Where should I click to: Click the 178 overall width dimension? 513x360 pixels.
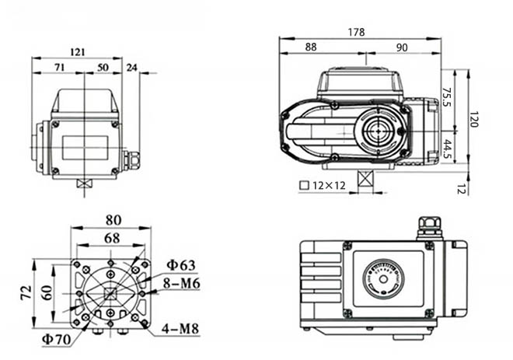[x=357, y=32]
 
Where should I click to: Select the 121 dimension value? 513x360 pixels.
[x=77, y=52]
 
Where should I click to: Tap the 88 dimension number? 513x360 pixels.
[x=311, y=47]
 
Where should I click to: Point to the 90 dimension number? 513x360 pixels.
[x=402, y=47]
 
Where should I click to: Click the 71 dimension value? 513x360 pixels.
[x=59, y=68]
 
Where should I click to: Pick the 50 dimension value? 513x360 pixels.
[x=103, y=68]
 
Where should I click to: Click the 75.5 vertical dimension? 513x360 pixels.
[x=448, y=95]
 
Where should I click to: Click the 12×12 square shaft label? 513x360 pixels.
[x=323, y=186]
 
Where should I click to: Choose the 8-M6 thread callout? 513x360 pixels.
[x=181, y=283]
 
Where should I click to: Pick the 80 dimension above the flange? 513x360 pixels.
[x=113, y=220]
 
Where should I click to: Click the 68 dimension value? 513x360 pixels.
[x=111, y=237]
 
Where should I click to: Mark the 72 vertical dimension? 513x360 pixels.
[x=26, y=292]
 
